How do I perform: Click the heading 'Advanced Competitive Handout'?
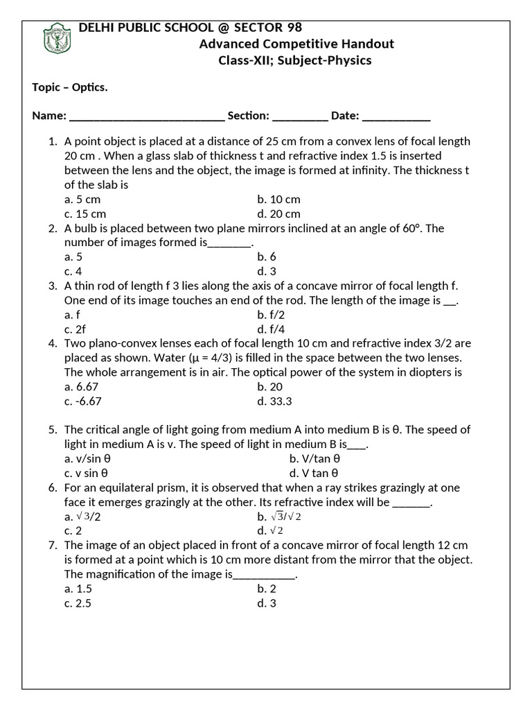[296, 44]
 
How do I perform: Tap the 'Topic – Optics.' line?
[70, 87]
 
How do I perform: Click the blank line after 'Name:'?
[147, 116]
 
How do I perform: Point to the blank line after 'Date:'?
[396, 116]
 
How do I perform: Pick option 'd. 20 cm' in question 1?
[278, 214]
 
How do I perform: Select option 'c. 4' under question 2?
[73, 272]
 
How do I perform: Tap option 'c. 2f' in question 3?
[76, 329]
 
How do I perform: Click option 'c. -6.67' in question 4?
[87, 401]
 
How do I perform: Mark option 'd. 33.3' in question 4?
[274, 401]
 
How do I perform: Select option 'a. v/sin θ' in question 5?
[88, 459]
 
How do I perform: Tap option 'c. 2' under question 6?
[73, 531]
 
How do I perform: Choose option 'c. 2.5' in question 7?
[78, 603]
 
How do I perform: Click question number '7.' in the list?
[53, 546]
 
